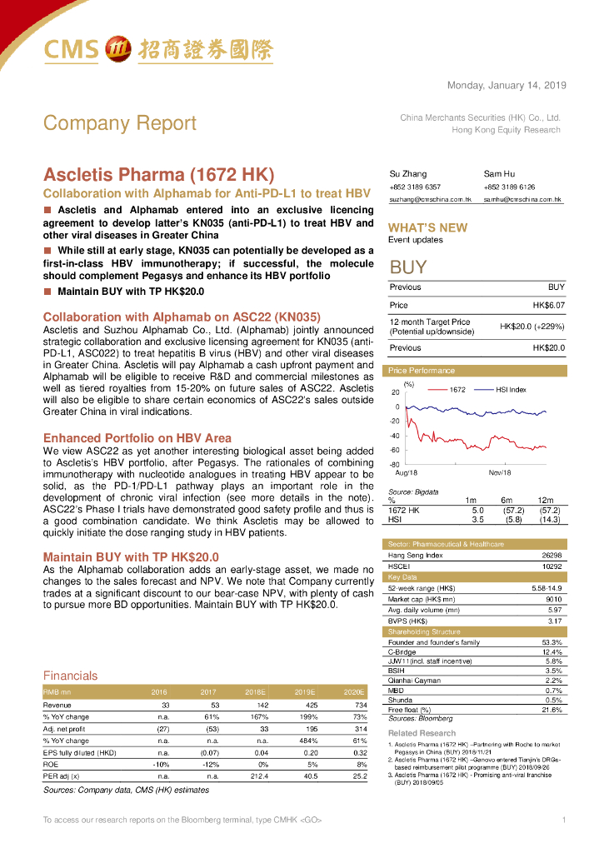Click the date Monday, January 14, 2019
point(507,86)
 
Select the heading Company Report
point(120,123)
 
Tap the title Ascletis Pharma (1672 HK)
point(158,176)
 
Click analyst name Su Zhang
point(407,174)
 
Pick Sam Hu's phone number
point(509,187)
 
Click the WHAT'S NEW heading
point(427,227)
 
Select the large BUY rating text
point(408,267)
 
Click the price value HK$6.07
point(549,306)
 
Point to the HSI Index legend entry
point(511,389)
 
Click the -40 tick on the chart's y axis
point(395,436)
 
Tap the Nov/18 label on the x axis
point(500,472)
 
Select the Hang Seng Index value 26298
point(552,555)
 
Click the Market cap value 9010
point(552,599)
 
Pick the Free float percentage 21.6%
point(552,710)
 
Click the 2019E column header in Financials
point(303,692)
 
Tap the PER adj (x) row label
point(62,776)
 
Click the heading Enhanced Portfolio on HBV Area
point(137,438)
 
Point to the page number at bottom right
point(564,821)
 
